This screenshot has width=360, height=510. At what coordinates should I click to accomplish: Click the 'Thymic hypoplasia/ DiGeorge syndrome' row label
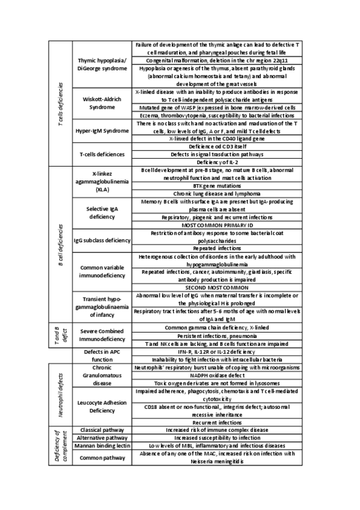coord(102,65)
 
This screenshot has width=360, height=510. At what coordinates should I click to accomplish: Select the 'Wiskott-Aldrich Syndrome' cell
coord(102,103)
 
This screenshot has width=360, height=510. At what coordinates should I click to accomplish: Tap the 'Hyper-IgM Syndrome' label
coord(102,131)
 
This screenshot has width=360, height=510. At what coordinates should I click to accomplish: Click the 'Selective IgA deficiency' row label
coord(102,212)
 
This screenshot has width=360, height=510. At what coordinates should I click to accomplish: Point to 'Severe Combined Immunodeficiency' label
coord(102,335)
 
